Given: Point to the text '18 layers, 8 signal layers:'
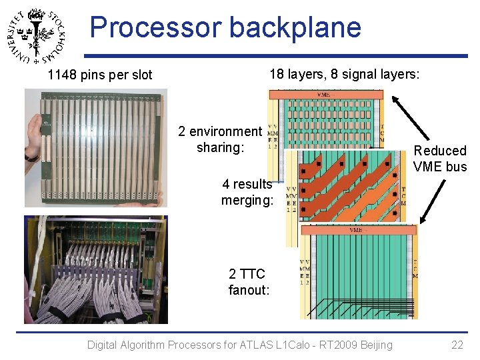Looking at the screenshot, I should coord(344,74).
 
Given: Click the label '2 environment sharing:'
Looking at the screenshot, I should coord(220,139).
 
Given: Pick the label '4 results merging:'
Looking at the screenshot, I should coord(247,192).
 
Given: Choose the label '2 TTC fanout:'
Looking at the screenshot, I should coord(248,281).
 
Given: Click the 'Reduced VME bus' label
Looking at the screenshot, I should coord(440,159).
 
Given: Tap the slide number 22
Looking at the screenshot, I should coord(457,345).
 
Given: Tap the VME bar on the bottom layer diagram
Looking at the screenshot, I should coord(359,230).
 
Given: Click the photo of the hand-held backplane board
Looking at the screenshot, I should coord(96,147).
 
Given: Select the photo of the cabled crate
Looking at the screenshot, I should coord(96,269).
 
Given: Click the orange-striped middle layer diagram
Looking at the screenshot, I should coord(347,185).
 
